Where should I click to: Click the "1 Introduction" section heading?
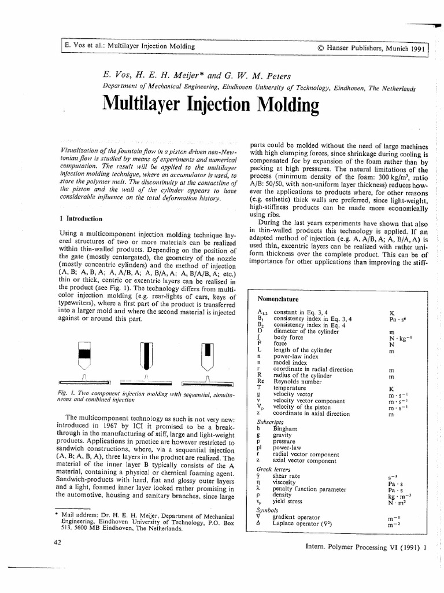(x=82, y=219)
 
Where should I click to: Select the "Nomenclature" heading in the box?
(x=277, y=299)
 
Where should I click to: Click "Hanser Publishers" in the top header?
(x=358, y=48)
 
